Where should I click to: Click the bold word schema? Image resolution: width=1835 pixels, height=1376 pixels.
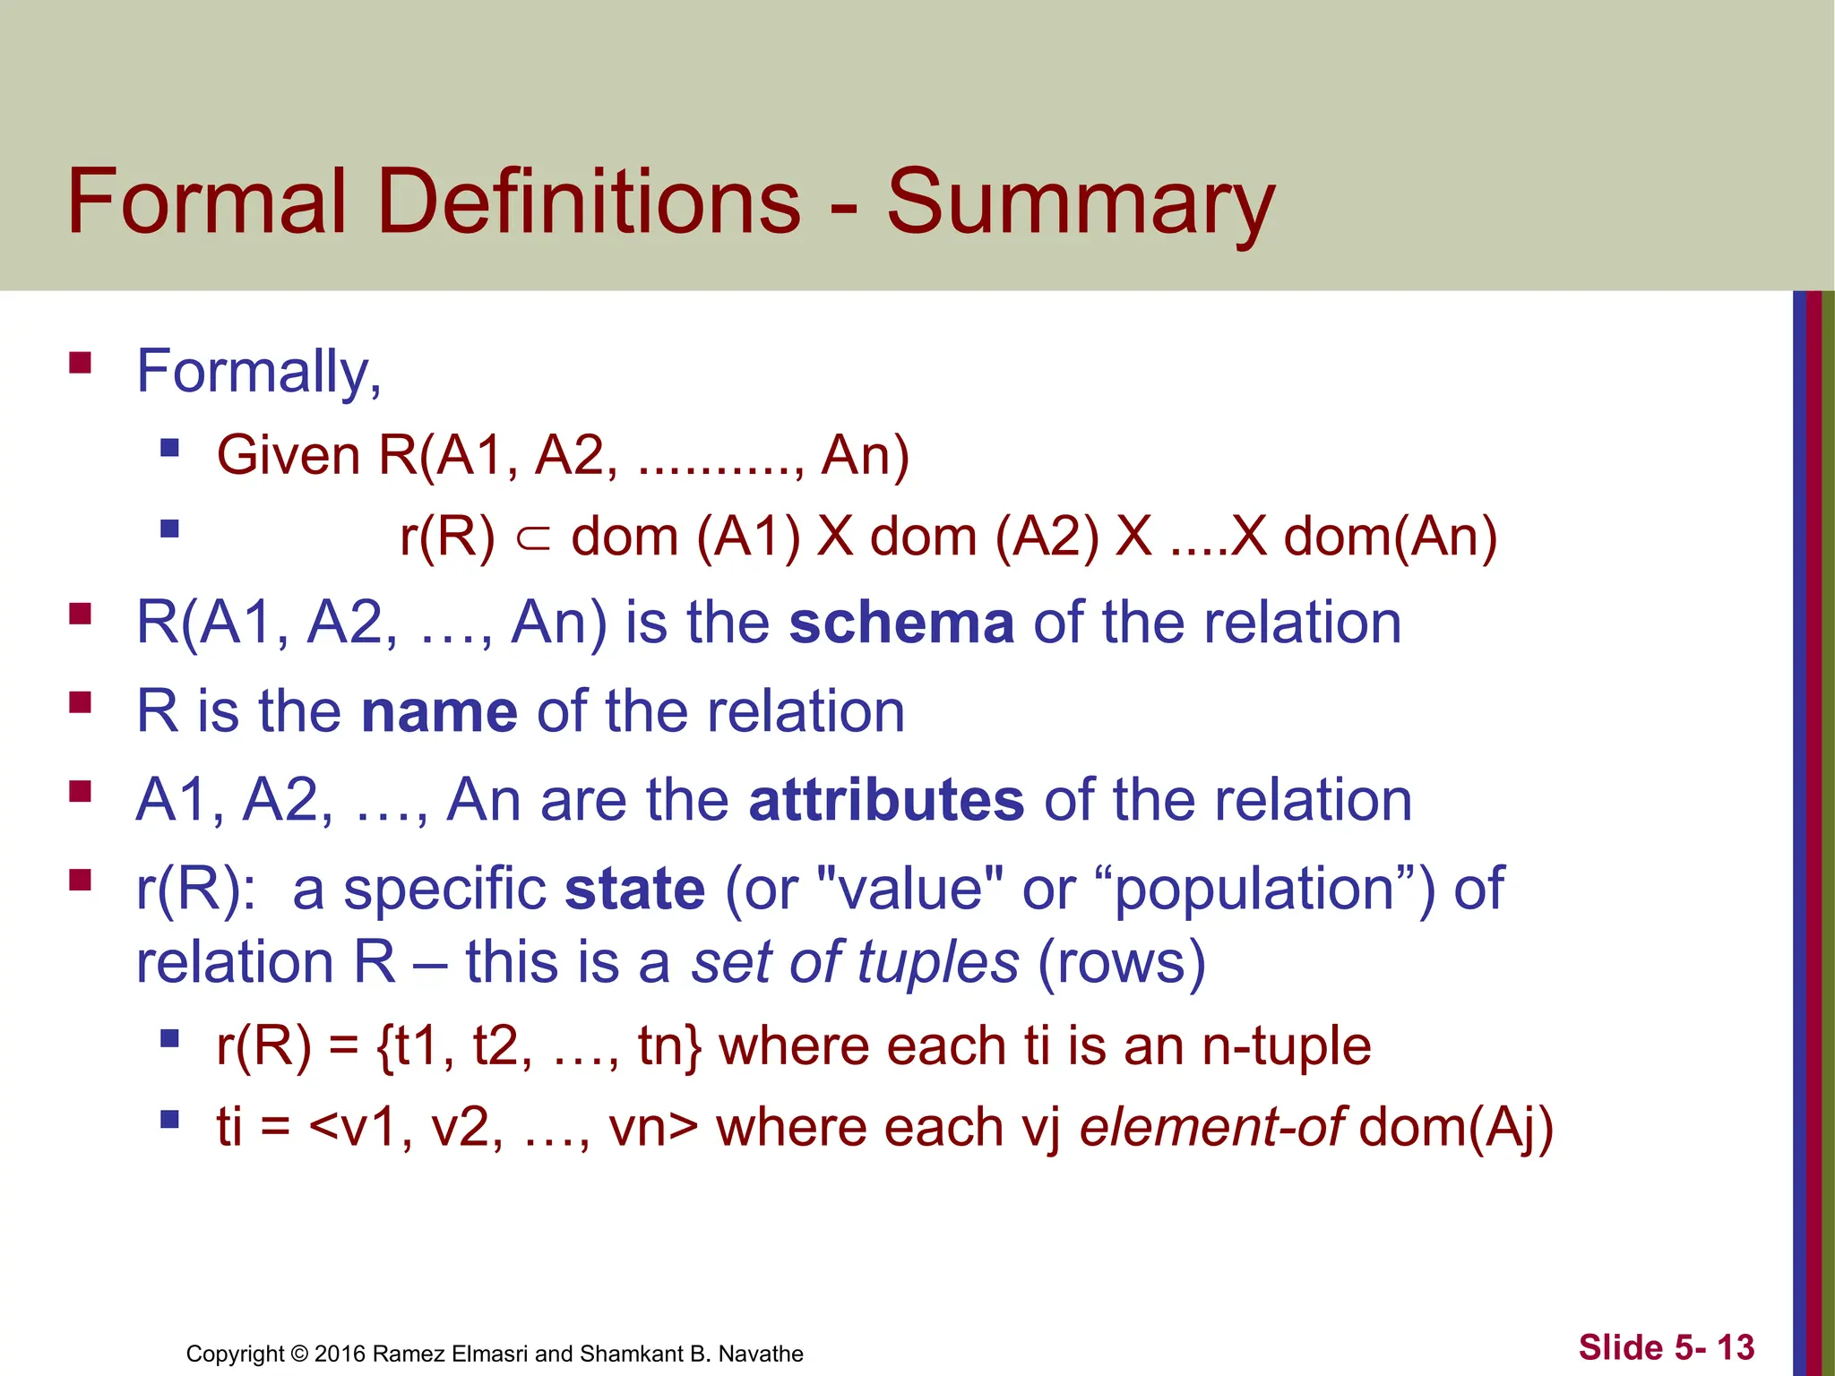point(900,623)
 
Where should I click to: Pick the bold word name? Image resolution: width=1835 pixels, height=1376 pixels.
point(439,712)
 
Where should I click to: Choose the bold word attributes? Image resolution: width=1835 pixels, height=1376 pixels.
point(885,800)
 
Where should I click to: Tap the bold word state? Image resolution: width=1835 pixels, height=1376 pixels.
point(634,890)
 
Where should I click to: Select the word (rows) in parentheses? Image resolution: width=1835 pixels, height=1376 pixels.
point(1121,963)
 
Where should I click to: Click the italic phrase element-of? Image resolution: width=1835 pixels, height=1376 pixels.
point(1211,1127)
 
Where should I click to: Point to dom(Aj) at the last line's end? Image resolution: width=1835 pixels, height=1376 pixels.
point(1456,1127)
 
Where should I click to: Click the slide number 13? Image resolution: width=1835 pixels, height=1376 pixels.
point(1736,1347)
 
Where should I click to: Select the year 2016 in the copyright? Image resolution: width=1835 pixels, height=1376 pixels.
point(340,1354)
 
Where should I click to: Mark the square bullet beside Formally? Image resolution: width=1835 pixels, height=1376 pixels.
point(81,362)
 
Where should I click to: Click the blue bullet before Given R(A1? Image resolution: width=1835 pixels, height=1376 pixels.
point(169,446)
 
